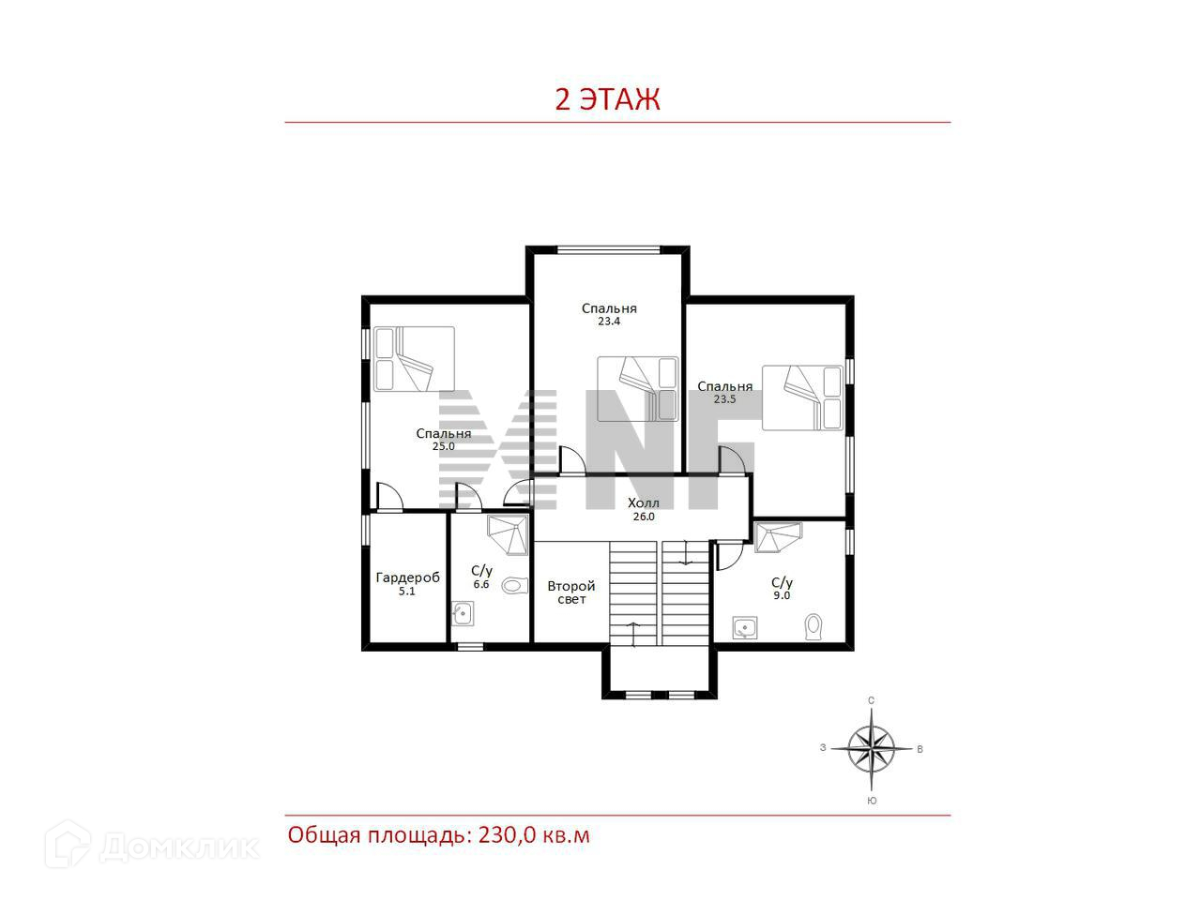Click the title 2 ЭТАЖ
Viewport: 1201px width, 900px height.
pyautogui.click(x=607, y=99)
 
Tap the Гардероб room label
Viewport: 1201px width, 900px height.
pyautogui.click(x=407, y=577)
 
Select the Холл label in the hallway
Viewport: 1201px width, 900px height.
pyautogui.click(x=643, y=502)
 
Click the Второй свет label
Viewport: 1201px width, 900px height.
pyautogui.click(x=571, y=592)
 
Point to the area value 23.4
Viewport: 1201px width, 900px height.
pyautogui.click(x=608, y=322)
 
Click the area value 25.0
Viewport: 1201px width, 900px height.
pyautogui.click(x=443, y=446)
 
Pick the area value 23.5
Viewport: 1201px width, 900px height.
pyautogui.click(x=724, y=399)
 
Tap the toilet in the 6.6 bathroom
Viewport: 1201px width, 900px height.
pyautogui.click(x=514, y=586)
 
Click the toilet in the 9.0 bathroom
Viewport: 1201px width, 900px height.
pyautogui.click(x=813, y=627)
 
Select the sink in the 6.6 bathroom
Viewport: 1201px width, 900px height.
pyautogui.click(x=463, y=614)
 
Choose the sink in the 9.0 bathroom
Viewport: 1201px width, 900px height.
pyautogui.click(x=745, y=627)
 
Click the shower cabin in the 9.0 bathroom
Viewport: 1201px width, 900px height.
pyautogui.click(x=778, y=538)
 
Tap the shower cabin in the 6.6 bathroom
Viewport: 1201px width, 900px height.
pyautogui.click(x=508, y=535)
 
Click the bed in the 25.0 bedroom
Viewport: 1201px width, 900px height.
pyautogui.click(x=414, y=358)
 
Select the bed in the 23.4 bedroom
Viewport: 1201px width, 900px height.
pyautogui.click(x=637, y=388)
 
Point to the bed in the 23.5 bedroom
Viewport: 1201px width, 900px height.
pyautogui.click(x=802, y=397)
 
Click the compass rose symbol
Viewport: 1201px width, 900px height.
pyautogui.click(x=871, y=748)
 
